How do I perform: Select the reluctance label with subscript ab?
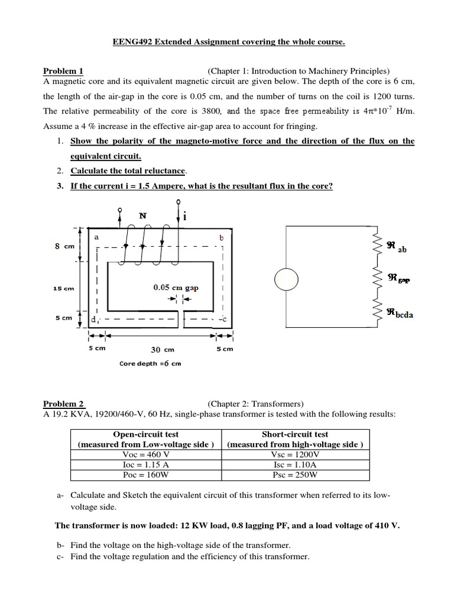pos(397,247)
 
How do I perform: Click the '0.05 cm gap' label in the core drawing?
pos(176,288)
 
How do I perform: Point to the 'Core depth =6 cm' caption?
pos(150,363)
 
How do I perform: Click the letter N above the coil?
pos(142,216)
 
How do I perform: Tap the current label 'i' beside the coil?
pos(185,217)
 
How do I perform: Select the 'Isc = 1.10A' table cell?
pos(296,465)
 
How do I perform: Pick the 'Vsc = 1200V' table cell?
pos(296,454)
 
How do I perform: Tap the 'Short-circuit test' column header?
pos(296,434)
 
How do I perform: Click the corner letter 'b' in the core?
pos(221,237)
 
